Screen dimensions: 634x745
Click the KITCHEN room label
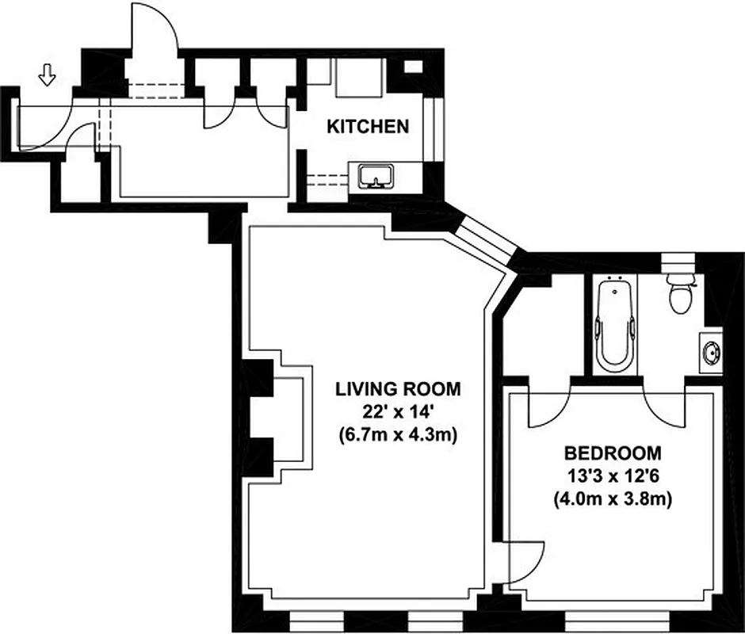pos(369,126)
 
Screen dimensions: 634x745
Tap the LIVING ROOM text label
pos(397,389)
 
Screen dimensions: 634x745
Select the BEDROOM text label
pos(612,453)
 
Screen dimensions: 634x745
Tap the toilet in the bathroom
pos(679,292)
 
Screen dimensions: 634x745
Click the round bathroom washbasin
pos(711,349)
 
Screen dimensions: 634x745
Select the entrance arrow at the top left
pos(48,76)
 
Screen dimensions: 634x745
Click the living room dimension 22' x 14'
pos(397,412)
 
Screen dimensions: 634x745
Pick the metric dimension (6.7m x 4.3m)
pos(397,435)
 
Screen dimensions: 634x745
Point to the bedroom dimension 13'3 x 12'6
pos(612,477)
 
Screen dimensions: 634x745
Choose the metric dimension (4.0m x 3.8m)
pos(612,500)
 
